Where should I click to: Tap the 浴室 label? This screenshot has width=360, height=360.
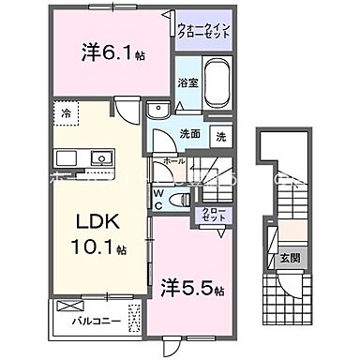(x=187, y=82)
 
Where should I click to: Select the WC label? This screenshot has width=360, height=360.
(x=159, y=201)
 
